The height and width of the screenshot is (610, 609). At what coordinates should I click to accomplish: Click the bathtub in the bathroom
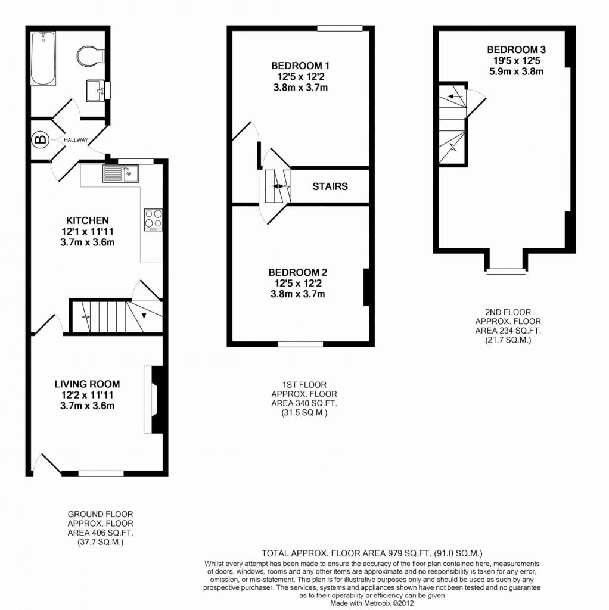[43, 58]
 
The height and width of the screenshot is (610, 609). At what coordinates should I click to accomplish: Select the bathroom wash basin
[95, 91]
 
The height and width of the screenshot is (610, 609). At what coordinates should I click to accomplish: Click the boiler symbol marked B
[41, 139]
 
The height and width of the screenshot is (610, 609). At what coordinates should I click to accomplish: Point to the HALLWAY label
[76, 140]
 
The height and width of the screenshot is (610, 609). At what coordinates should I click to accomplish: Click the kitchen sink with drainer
[121, 173]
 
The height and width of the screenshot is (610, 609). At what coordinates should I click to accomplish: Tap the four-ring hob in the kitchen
[153, 220]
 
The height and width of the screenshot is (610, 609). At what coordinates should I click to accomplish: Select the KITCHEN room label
[88, 220]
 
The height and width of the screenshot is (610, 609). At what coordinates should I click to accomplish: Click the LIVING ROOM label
[87, 384]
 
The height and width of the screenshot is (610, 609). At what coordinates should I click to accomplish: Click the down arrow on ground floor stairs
[144, 310]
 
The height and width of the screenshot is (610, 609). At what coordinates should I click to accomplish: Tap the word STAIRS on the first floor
[330, 186]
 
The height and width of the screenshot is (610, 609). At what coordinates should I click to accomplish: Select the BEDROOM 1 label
[300, 66]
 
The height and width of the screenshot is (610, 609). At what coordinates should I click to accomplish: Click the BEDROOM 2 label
[298, 272]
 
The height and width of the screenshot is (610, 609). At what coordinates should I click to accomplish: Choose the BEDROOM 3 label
[517, 50]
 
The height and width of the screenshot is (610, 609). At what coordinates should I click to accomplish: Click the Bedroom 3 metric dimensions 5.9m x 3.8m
[517, 71]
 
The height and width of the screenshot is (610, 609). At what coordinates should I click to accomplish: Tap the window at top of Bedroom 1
[340, 29]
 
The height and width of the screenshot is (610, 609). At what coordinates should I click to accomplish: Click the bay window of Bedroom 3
[506, 271]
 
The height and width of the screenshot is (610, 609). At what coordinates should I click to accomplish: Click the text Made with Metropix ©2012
[372, 603]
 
